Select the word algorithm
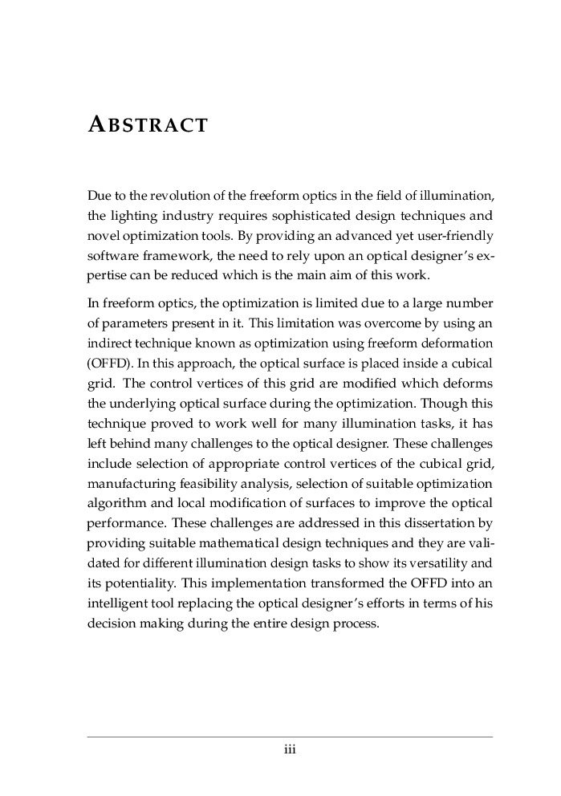pyautogui.click(x=113, y=505)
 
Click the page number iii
pyautogui.click(x=290, y=750)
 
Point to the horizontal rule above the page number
pyautogui.click(x=290, y=736)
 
